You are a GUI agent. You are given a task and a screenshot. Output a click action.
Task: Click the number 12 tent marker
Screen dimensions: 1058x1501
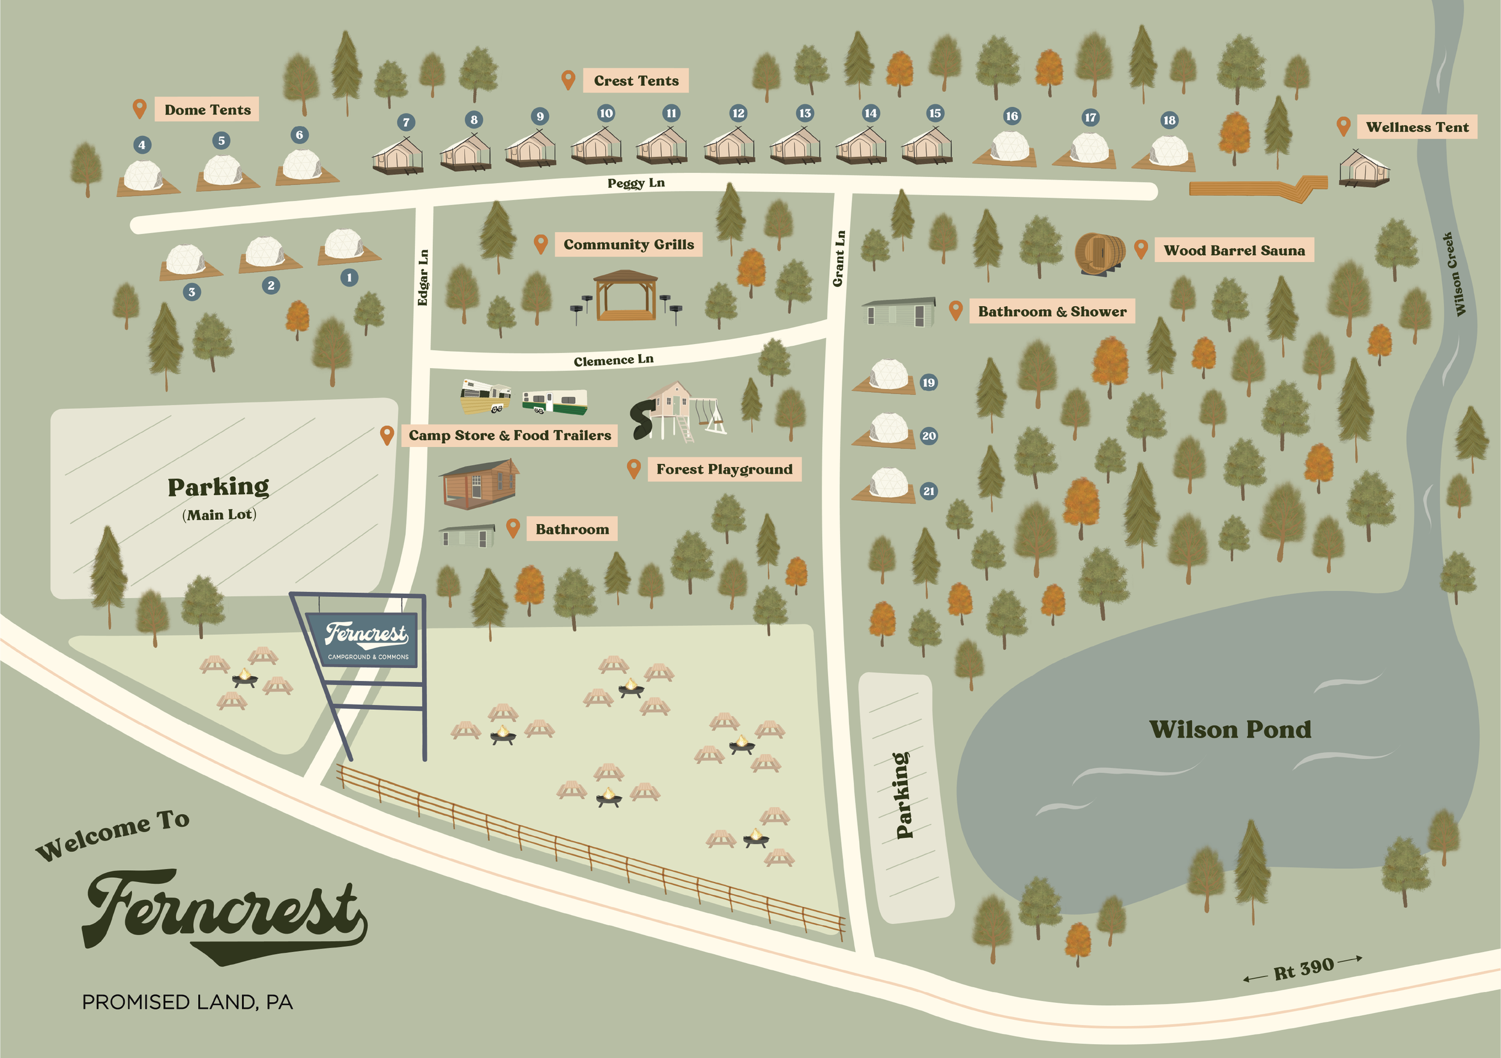click(x=738, y=113)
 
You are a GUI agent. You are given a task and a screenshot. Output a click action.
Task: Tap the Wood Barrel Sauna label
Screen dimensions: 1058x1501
click(x=1234, y=250)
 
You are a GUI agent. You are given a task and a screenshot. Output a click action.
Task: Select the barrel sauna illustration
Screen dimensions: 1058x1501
click(x=1101, y=254)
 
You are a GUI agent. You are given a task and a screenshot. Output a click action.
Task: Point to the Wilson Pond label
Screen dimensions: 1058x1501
click(x=1230, y=729)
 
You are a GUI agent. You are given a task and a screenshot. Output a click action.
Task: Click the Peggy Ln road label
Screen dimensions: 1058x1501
click(x=635, y=183)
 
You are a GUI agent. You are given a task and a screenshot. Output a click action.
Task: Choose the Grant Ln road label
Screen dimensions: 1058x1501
click(x=839, y=258)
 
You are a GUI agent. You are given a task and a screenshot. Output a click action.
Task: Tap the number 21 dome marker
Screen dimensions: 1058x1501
click(x=928, y=491)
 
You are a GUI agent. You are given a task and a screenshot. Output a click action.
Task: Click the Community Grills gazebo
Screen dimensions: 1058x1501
click(x=625, y=295)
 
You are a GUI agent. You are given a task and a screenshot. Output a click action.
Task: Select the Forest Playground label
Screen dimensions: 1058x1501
click(x=723, y=470)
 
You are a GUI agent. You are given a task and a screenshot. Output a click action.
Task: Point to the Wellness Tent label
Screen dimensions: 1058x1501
click(x=1417, y=127)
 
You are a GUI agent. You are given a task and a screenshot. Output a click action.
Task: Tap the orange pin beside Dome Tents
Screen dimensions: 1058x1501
click(x=139, y=108)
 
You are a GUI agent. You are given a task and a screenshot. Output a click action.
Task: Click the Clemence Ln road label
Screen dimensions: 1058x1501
click(x=613, y=360)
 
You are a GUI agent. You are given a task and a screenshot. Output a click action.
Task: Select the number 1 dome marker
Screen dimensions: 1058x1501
click(x=349, y=277)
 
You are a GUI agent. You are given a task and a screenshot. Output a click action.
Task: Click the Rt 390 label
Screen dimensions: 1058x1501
click(x=1303, y=969)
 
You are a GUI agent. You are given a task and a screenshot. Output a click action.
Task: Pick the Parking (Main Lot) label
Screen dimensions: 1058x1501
click(x=219, y=497)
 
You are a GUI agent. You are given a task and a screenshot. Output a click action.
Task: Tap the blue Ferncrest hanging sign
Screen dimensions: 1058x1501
click(x=367, y=639)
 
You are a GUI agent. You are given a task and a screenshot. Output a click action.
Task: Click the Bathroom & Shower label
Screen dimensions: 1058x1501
click(x=1052, y=312)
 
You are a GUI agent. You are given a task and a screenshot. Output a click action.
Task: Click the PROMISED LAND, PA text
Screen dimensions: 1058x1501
click(x=187, y=1002)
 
